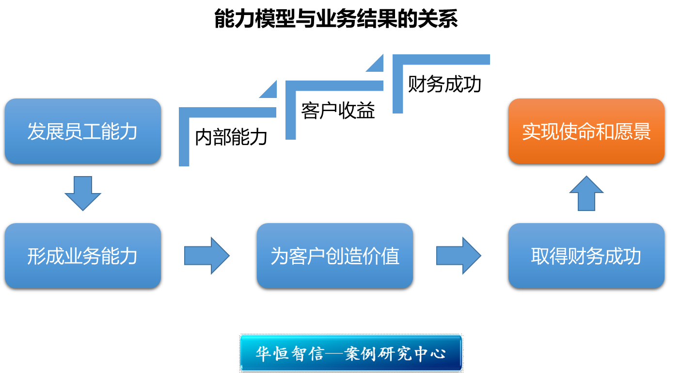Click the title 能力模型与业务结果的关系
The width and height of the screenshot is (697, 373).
pos(335,19)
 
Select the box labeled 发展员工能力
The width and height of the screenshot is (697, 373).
pos(82,132)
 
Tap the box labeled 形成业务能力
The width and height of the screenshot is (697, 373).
pos(82,256)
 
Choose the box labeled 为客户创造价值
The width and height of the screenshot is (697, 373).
pos(334,256)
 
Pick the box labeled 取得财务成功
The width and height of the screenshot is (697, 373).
pos(586,256)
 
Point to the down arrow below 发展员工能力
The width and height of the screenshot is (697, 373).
pos(83,193)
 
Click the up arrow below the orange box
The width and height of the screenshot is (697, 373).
pos(586,193)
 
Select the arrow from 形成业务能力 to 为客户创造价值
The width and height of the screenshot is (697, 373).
pos(206,256)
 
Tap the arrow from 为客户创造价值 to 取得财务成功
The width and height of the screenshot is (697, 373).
pos(459,256)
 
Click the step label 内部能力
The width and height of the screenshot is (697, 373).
pos(231,138)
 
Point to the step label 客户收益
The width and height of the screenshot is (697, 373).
pos(338,111)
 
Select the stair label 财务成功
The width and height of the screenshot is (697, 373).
pos(444,84)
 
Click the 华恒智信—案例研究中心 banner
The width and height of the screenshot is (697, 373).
pos(351,353)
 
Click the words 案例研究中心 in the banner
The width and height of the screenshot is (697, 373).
pos(395,353)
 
